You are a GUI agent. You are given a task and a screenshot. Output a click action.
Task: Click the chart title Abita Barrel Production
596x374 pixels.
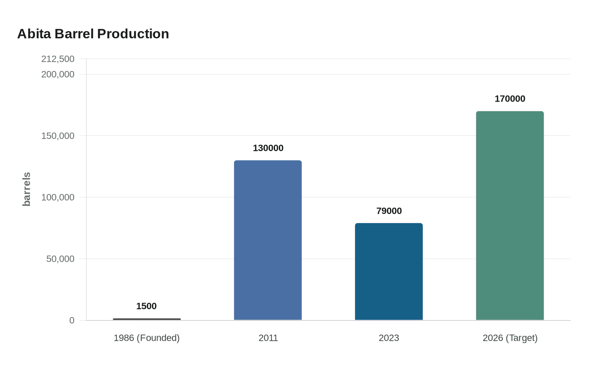click(93, 34)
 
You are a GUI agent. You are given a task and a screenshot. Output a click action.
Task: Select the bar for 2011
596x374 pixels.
click(268, 240)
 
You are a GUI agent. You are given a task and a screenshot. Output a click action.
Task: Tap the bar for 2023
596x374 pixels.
click(389, 272)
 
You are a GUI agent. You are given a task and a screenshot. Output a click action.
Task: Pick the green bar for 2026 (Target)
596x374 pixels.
click(510, 215)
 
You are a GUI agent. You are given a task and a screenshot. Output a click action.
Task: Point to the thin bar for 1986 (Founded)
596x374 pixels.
click(147, 319)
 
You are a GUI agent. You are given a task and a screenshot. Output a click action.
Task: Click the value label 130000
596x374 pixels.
click(268, 148)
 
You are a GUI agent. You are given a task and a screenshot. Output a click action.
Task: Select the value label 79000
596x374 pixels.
click(389, 211)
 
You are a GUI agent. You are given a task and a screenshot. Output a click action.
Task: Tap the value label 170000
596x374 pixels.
click(510, 99)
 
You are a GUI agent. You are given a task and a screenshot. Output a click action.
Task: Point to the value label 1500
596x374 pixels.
click(146, 306)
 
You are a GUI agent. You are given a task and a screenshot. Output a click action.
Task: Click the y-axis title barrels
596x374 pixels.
click(26, 189)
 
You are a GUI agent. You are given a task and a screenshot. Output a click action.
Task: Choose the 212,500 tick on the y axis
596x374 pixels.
click(58, 59)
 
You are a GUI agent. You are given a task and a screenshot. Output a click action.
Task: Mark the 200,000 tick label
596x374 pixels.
click(58, 74)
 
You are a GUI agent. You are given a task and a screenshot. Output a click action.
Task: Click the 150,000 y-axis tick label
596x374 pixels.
click(58, 136)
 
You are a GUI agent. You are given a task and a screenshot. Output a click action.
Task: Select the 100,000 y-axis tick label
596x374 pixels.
click(58, 197)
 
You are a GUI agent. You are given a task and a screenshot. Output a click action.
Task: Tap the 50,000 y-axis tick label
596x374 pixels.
click(60, 259)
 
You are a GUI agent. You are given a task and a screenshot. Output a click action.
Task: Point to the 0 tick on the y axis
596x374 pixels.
click(72, 320)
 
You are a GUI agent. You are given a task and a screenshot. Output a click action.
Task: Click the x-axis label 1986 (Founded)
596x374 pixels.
click(146, 338)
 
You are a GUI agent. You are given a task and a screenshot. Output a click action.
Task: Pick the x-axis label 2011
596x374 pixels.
click(268, 338)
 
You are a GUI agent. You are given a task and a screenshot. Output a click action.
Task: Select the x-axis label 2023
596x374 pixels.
click(389, 338)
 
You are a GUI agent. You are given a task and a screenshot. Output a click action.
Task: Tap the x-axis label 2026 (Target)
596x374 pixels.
click(510, 338)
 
